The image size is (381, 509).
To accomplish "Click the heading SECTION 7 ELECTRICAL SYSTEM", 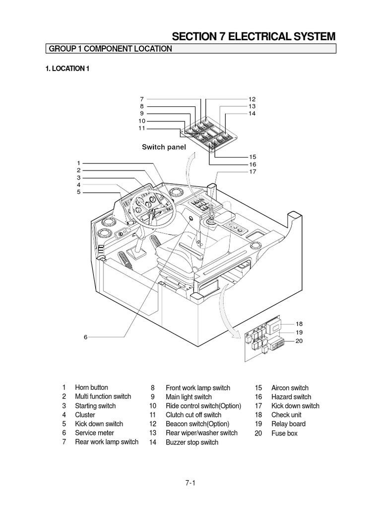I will pos(254,36).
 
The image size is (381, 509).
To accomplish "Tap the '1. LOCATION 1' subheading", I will pos(67,69).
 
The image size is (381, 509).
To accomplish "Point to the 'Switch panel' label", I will pos(164,147).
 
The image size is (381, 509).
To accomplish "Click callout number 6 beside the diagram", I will pos(85,337).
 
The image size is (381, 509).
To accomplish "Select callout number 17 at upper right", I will pos(253,172).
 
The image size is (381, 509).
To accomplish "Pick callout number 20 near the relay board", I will pos(299,341).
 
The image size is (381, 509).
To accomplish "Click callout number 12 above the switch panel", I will pos(252,99).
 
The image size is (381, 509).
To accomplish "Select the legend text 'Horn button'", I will pos(91,388).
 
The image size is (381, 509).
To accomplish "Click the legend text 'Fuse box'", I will pos(284,433).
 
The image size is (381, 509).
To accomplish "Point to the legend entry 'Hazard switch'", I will pos(291,397).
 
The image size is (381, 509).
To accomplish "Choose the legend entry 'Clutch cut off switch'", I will pos(193,415).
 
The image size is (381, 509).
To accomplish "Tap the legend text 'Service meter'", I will pos(94,433).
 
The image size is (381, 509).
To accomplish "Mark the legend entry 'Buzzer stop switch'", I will pos(191,442).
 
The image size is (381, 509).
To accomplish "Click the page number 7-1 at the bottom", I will pos(190,483).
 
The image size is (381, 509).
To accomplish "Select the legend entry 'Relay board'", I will pos(288,424).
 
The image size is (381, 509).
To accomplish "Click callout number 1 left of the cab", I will pos(78,163).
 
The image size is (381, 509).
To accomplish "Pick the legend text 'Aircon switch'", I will pos(290,388).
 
